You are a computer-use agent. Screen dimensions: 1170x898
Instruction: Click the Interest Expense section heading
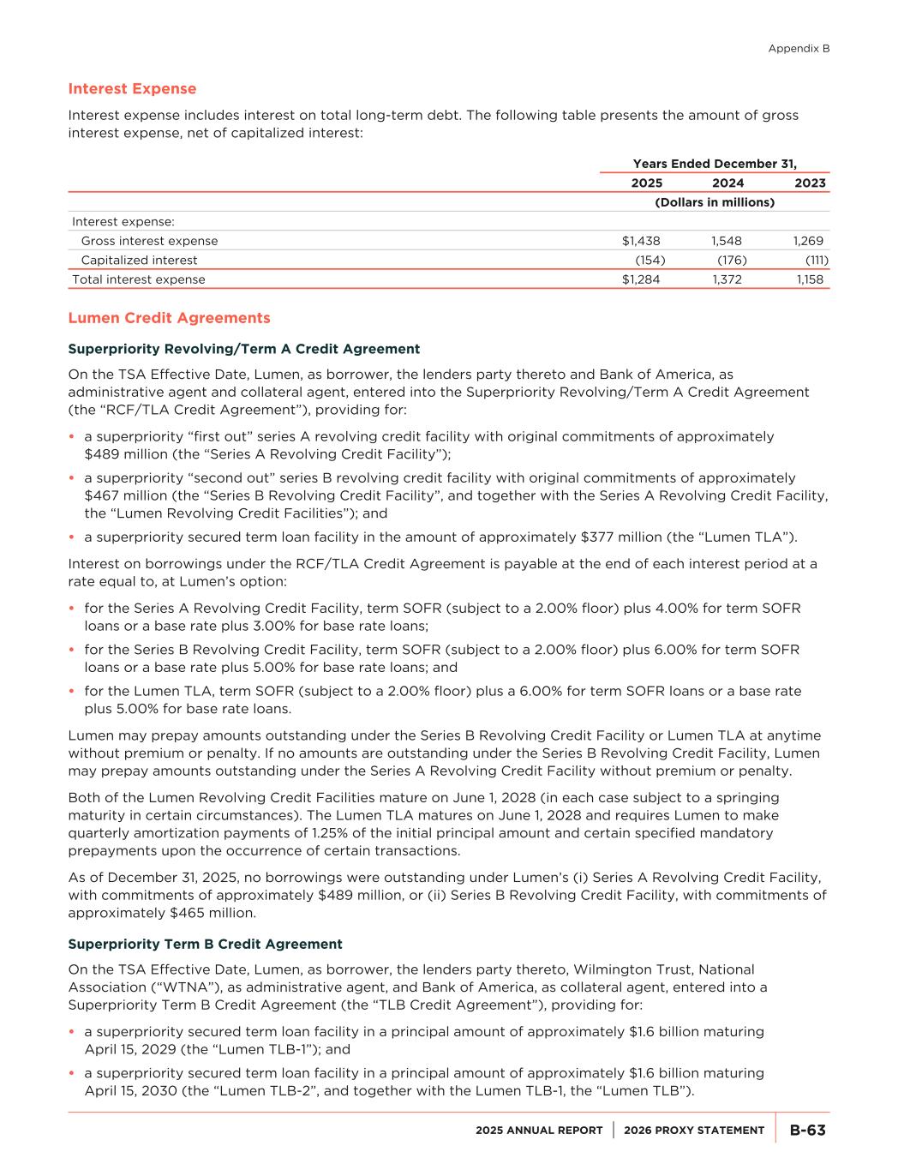click(132, 89)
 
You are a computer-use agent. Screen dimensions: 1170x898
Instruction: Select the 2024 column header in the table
click(727, 183)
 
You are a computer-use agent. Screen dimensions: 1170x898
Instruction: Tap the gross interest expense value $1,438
click(641, 241)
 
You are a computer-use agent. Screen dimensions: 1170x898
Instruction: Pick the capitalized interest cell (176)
click(732, 260)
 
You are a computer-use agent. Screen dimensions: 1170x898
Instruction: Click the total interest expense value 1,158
click(809, 279)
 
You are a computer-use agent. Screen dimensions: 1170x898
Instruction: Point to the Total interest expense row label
click(139, 279)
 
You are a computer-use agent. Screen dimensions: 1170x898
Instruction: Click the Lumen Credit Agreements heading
click(169, 318)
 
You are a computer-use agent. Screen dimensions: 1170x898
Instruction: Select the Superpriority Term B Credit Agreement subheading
click(205, 944)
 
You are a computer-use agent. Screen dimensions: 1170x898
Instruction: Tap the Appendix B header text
click(799, 49)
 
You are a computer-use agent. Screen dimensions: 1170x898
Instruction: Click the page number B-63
click(807, 1131)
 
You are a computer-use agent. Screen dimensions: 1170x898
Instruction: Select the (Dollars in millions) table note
click(715, 202)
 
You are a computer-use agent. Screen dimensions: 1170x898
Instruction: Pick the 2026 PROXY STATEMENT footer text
click(694, 1131)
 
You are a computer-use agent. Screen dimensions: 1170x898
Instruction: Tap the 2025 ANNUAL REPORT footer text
click(539, 1131)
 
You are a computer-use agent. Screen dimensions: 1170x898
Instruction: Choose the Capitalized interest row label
click(139, 260)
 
